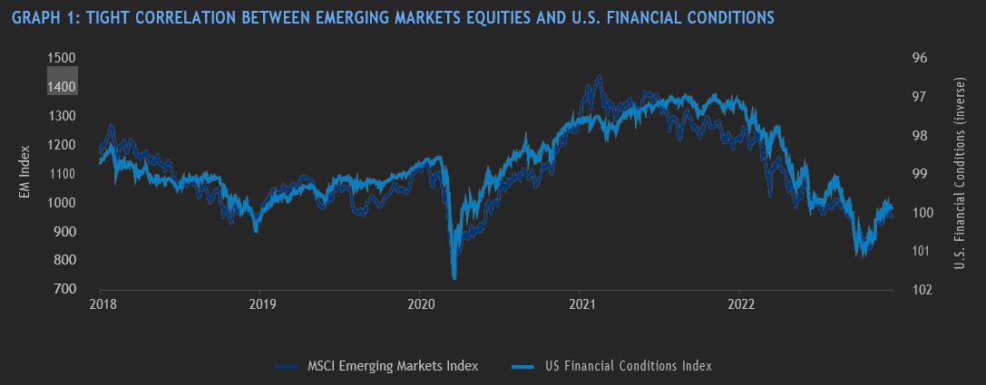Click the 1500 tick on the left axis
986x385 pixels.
click(61, 58)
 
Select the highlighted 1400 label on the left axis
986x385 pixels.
click(61, 87)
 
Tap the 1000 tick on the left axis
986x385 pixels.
click(61, 203)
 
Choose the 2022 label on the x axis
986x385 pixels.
click(741, 304)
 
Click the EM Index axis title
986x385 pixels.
click(24, 173)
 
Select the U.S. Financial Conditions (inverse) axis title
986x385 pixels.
click(961, 173)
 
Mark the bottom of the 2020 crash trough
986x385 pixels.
click(454, 278)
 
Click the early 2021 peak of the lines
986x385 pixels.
click(599, 76)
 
